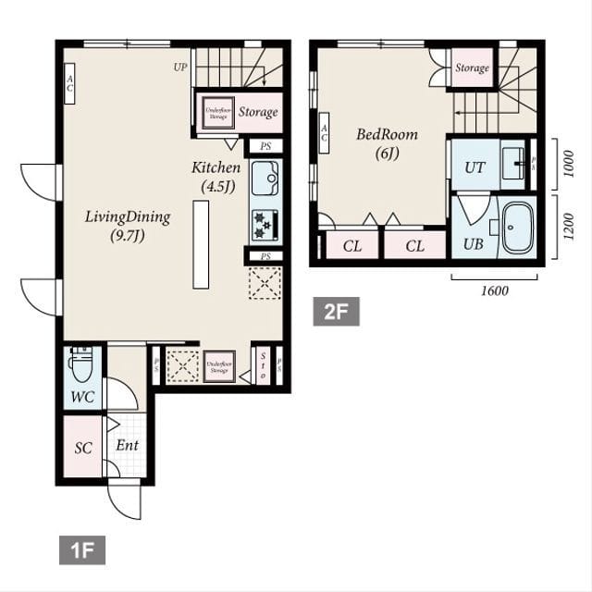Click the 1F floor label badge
pyautogui.click(x=82, y=550)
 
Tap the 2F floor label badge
pyautogui.click(x=336, y=312)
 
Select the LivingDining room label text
pyautogui.click(x=128, y=226)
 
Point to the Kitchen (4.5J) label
pyautogui.click(x=216, y=177)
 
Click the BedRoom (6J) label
pyautogui.click(x=387, y=143)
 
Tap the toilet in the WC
pyautogui.click(x=81, y=366)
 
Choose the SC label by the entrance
pyautogui.click(x=83, y=448)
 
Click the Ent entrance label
pyautogui.click(x=127, y=446)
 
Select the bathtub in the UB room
pyautogui.click(x=518, y=227)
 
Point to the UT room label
pyautogui.click(x=475, y=167)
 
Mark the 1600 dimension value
pyautogui.click(x=495, y=290)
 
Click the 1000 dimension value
pyautogui.click(x=568, y=164)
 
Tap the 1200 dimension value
pyautogui.click(x=568, y=226)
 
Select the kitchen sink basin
pyautogui.click(x=265, y=173)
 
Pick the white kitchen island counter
pyautogui.click(x=201, y=244)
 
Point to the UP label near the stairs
pyautogui.click(x=180, y=67)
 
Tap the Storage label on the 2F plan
pyautogui.click(x=472, y=68)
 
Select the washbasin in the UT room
pyautogui.click(x=513, y=164)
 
